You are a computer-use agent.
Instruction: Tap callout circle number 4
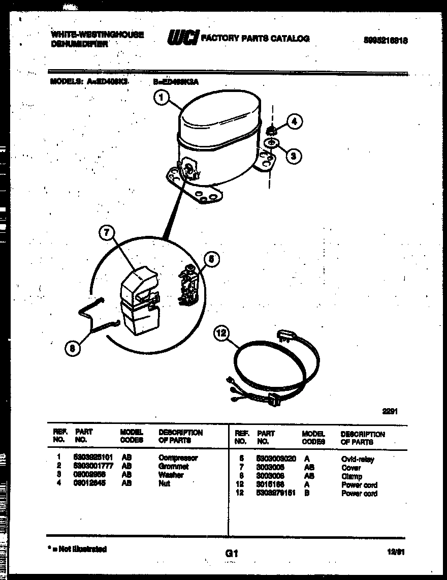click(294, 121)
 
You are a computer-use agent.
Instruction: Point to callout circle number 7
click(105, 234)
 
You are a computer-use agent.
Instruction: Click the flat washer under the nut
click(272, 143)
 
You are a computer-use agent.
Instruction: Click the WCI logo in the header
click(182, 38)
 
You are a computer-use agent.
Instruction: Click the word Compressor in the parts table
click(178, 457)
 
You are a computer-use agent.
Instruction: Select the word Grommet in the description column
click(173, 466)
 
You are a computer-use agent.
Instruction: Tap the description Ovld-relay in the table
click(358, 459)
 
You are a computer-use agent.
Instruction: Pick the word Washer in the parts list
click(171, 475)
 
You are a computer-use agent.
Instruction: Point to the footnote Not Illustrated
click(79, 549)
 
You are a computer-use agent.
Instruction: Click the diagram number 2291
click(389, 412)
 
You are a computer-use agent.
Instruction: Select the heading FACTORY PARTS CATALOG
click(255, 39)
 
